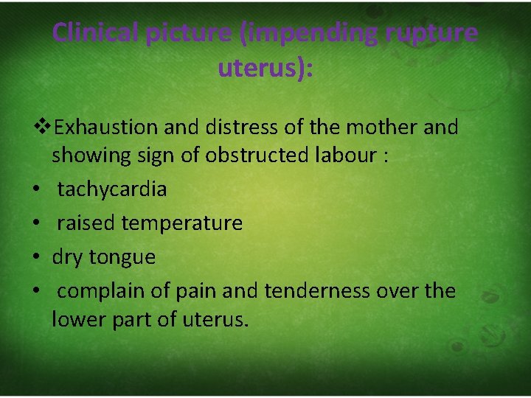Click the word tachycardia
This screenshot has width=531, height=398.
[x=112, y=189]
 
